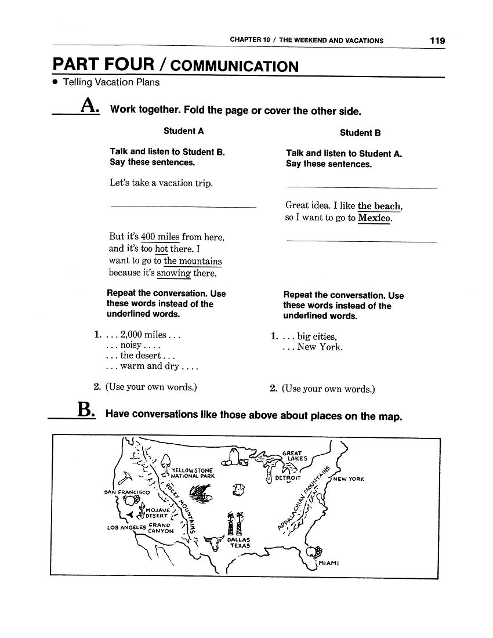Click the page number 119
tap(437, 41)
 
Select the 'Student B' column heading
tap(360, 133)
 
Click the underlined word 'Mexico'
tap(375, 218)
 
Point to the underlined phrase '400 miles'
tap(160, 237)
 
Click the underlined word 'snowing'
tap(173, 273)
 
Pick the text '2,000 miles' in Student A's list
tap(143, 335)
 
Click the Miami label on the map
tap(328, 563)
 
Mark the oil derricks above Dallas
tap(235, 524)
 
